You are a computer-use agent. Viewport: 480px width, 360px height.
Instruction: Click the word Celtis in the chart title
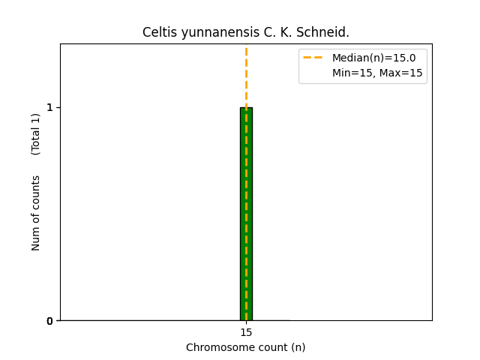157,32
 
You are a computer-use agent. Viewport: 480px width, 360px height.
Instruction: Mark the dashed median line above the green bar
246,75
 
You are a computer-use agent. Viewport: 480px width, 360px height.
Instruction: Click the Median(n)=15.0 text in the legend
373,58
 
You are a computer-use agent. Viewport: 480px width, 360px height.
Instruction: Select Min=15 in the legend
353,73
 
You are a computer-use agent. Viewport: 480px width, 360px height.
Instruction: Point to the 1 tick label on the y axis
49,107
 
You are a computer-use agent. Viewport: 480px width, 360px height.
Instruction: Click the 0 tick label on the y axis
49,321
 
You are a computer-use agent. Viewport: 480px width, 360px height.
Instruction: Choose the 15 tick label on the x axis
246,332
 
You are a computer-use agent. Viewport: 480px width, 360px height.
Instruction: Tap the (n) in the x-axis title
298,347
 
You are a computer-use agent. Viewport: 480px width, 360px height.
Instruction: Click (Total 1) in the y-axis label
36,134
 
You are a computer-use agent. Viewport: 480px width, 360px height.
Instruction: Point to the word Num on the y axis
36,238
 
